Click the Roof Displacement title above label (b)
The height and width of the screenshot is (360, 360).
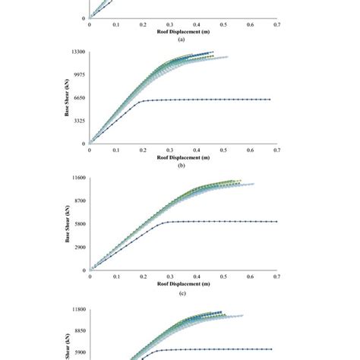pyautogui.click(x=182, y=158)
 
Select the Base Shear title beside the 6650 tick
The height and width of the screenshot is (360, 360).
pyautogui.click(x=67, y=98)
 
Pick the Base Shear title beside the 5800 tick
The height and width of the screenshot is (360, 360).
pyautogui.click(x=67, y=224)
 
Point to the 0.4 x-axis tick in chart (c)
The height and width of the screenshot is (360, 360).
pyautogui.click(x=197, y=277)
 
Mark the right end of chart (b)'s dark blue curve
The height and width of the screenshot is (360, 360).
pyautogui.click(x=270, y=99)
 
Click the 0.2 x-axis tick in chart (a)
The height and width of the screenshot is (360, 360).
pyautogui.click(x=143, y=24)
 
